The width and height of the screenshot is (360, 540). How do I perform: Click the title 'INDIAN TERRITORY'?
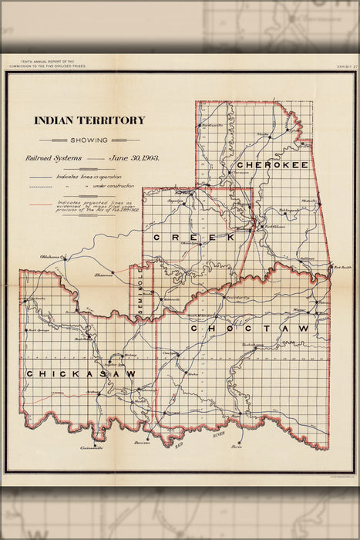click(x=89, y=120)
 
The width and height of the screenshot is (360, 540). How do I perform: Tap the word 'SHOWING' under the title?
click(x=89, y=140)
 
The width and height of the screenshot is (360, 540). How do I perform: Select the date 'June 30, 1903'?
click(x=134, y=158)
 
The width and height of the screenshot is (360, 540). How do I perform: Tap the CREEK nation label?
click(x=183, y=237)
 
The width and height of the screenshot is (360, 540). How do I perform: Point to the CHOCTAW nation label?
click(x=249, y=329)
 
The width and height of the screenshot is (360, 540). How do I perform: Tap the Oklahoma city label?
click(x=51, y=255)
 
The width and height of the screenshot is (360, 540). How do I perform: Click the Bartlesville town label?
click(x=211, y=125)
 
